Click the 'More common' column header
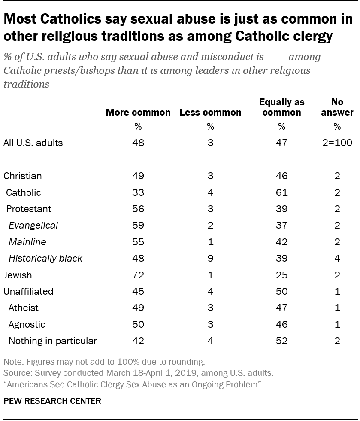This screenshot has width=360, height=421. (138, 113)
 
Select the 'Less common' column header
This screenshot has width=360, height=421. (210, 113)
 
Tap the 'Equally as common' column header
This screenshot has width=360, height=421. (281, 107)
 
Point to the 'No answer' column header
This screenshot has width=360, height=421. (337, 107)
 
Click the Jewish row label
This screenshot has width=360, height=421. (18, 275)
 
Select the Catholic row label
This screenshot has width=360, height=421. (24, 192)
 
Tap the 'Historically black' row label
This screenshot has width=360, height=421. (45, 259)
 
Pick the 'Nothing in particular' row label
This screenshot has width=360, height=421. (53, 341)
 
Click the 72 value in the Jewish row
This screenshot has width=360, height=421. (138, 275)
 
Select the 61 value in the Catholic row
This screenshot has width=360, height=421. (281, 192)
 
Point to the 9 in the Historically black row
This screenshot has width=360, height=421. (210, 259)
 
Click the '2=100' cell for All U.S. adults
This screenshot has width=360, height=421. (338, 143)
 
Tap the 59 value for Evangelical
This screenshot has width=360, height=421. (138, 226)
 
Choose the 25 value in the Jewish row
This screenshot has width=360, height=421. (281, 275)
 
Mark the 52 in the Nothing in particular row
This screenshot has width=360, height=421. (281, 341)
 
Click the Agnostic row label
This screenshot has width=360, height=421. (27, 324)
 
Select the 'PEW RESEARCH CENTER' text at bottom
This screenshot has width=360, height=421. (52, 401)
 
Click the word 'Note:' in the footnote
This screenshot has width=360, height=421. (13, 362)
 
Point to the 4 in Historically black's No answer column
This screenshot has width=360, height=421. (337, 259)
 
